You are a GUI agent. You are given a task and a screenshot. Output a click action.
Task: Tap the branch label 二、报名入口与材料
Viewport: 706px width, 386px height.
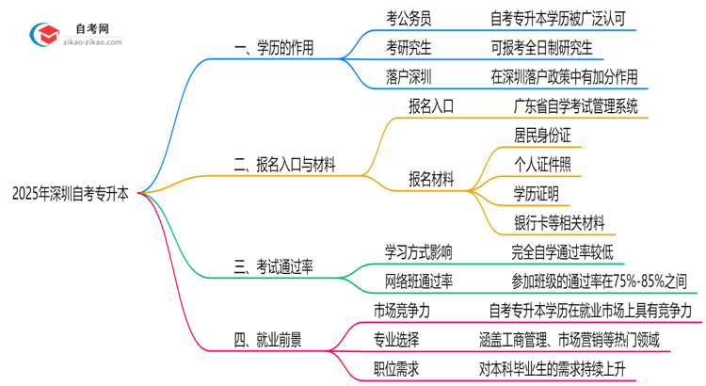click(284, 166)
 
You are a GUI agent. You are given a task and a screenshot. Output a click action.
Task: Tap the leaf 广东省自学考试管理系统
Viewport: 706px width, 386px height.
click(575, 105)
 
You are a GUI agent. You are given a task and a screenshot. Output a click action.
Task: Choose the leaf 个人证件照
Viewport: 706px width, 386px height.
click(542, 164)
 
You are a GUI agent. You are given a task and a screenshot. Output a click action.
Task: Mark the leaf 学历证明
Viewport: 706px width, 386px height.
click(537, 193)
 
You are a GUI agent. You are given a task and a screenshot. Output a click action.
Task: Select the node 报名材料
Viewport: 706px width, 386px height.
click(432, 178)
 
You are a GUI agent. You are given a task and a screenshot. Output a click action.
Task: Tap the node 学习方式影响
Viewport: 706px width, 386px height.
click(419, 252)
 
